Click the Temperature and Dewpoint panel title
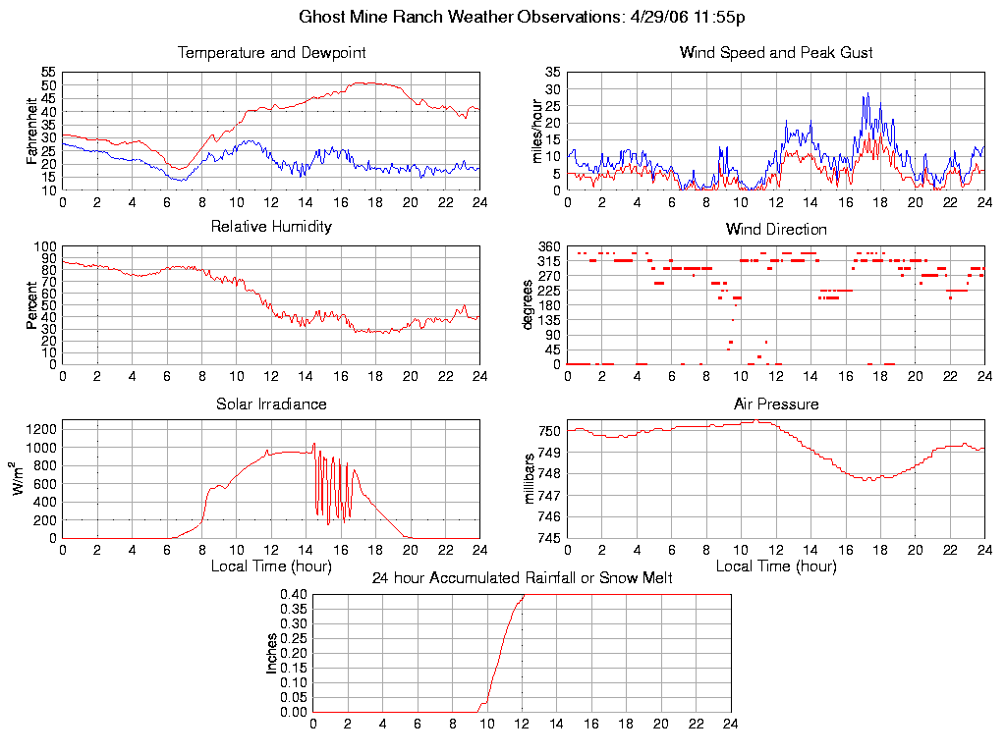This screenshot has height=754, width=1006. point(271,52)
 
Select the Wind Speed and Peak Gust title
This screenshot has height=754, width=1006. point(776,52)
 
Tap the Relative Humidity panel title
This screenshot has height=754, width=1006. point(271,227)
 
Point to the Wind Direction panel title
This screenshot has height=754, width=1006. point(776,229)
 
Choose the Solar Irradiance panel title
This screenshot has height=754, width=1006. point(271,404)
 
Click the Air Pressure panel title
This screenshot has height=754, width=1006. point(776,404)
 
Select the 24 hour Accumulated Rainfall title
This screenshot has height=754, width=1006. point(522,578)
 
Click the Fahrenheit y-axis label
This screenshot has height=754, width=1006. point(31,130)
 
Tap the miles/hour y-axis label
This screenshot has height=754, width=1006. point(536,130)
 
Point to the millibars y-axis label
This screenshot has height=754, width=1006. point(530,479)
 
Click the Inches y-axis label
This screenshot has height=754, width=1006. point(272,653)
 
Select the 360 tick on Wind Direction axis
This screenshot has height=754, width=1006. point(548,246)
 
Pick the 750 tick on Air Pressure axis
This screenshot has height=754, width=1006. point(548,431)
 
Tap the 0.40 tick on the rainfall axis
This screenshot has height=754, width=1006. point(294,594)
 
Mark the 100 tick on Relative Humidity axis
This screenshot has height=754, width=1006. point(46,246)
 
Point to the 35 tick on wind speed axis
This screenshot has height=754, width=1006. point(552,73)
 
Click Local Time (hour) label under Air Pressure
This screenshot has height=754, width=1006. point(776,566)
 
